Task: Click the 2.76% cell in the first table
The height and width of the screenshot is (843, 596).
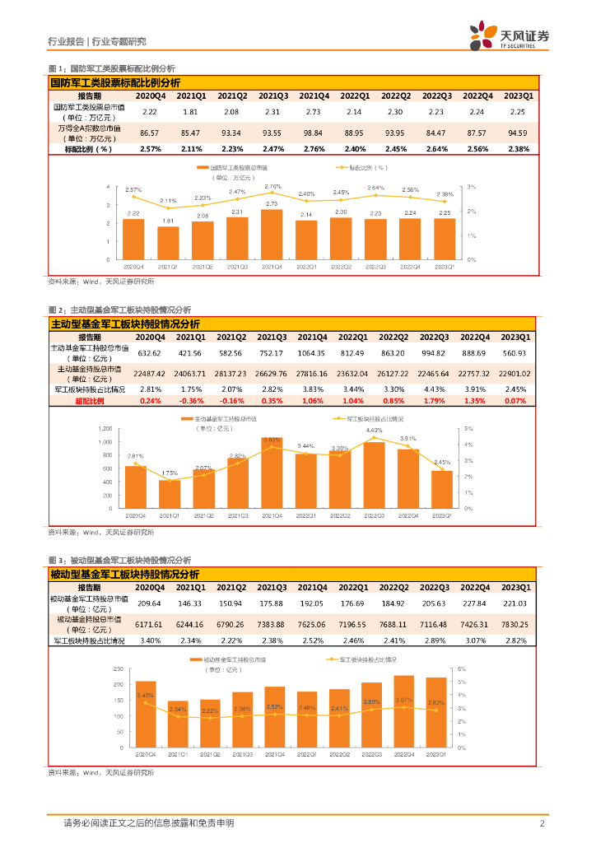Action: (x=313, y=149)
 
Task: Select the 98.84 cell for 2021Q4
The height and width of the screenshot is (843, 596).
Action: (x=313, y=133)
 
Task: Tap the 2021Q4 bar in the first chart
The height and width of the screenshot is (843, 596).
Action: (x=272, y=234)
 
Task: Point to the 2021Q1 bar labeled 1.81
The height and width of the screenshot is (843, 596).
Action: (x=168, y=242)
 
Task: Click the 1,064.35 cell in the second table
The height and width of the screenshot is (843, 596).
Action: (x=313, y=353)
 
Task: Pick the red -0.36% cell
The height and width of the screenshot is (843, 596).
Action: (x=191, y=400)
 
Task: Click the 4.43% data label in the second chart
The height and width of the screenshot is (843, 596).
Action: (x=374, y=431)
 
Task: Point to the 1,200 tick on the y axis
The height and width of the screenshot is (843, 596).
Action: (x=105, y=429)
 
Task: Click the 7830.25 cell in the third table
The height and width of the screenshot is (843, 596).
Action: (x=519, y=624)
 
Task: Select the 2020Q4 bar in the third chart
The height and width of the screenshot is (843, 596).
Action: (x=146, y=714)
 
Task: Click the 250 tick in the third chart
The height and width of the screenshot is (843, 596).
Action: (x=116, y=669)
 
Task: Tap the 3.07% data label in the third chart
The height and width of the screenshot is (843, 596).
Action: (x=403, y=700)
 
